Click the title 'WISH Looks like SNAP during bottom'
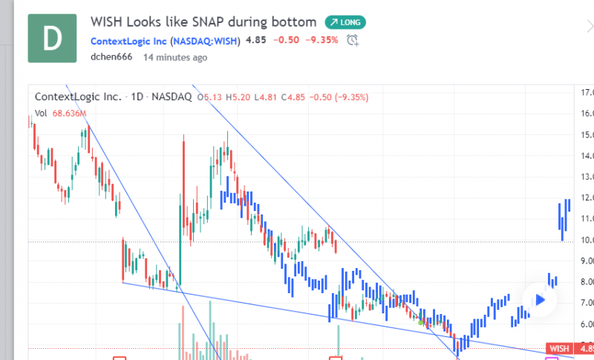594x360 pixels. click(203, 22)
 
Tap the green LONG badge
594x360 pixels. click(345, 22)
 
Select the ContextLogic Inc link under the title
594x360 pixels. click(129, 40)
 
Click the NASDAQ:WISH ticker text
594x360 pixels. click(206, 40)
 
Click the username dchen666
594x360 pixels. click(111, 56)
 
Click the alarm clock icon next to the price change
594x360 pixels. click(353, 40)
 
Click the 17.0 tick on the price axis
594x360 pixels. click(587, 93)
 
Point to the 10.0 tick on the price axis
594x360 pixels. click(587, 240)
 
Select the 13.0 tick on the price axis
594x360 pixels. click(587, 177)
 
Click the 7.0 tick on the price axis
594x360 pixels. click(587, 303)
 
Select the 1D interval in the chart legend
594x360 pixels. click(137, 96)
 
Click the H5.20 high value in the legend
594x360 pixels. click(240, 96)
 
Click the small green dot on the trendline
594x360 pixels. click(421, 322)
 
